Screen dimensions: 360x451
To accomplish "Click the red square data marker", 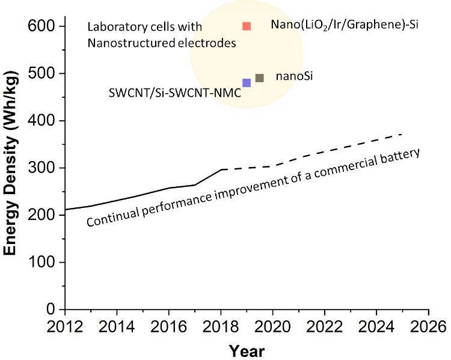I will tap(247, 26).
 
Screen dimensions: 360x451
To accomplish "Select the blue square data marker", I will tap(247, 83).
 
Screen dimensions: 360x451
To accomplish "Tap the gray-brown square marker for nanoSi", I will tap(260, 78).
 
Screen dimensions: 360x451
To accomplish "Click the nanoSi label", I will tap(294, 77).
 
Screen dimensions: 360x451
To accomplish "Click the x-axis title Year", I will tap(247, 350).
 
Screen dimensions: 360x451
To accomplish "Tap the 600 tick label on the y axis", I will tap(41, 26).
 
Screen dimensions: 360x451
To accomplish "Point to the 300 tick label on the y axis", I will tap(41, 168).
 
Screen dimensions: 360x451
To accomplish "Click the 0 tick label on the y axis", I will tap(51, 310).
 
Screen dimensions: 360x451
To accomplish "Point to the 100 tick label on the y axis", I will tap(41, 263).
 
